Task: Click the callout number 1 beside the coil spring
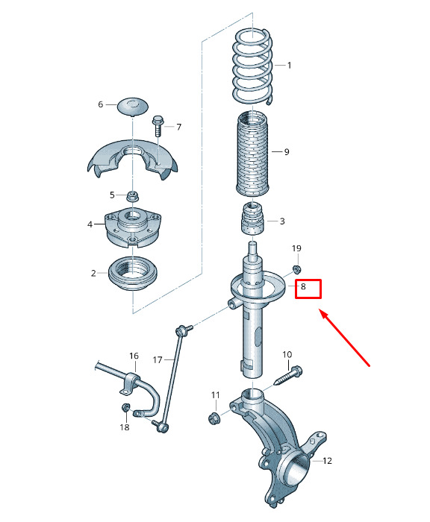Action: pos(289,66)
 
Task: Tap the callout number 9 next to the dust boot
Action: pos(287,152)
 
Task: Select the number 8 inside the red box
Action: pos(303,286)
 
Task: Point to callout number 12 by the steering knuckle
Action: pos(327,460)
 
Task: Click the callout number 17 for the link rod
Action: pos(158,359)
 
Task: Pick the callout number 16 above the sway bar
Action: pos(134,356)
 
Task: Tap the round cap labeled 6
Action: pos(133,106)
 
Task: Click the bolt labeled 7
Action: pos(158,125)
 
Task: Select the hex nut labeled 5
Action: pos(132,196)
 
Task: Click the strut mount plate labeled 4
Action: pos(133,227)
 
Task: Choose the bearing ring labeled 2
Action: pos(133,274)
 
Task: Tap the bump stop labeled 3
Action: pos(252,218)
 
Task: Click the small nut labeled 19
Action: pos(296,268)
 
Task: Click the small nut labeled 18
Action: pos(125,407)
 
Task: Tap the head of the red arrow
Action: pos(322,312)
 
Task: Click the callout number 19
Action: pos(296,248)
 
